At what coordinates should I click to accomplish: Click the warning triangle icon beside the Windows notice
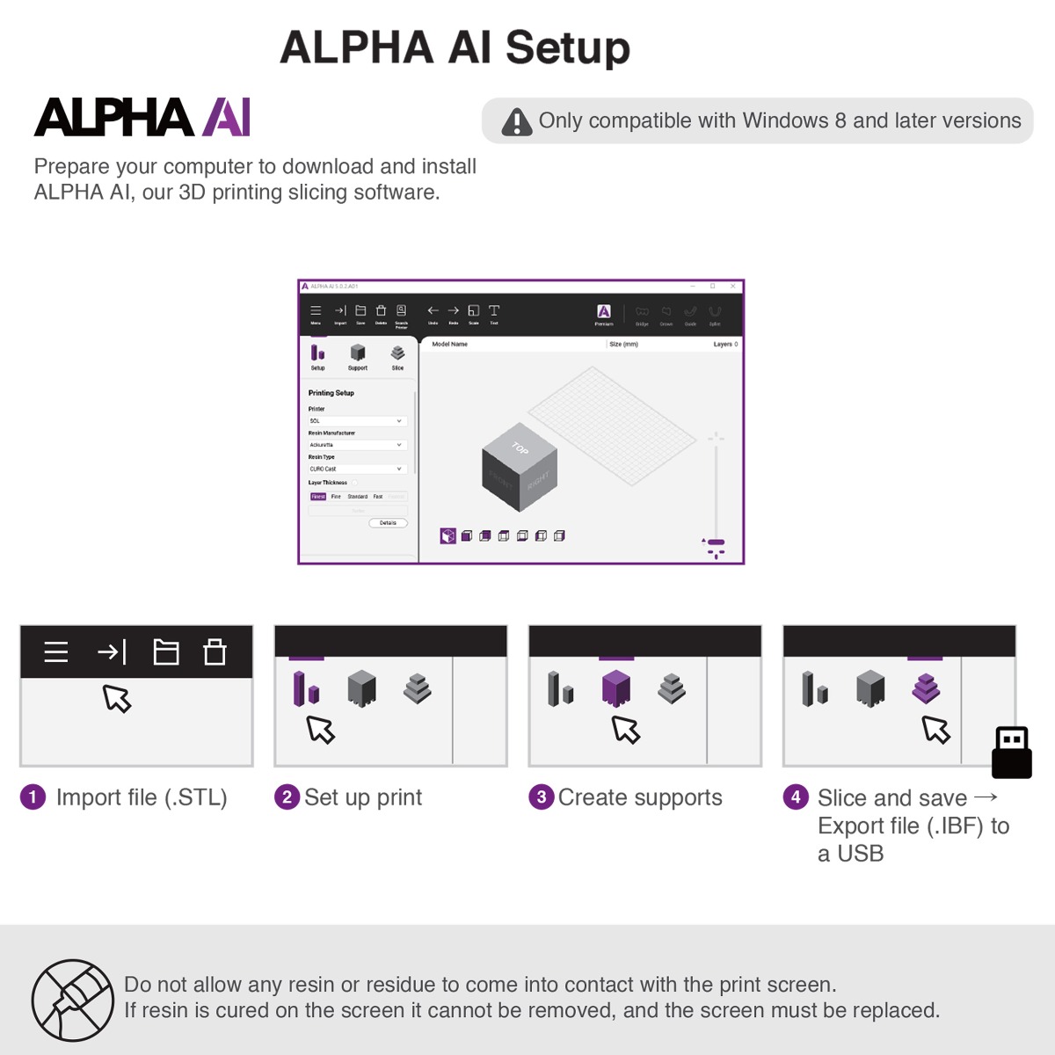(x=517, y=122)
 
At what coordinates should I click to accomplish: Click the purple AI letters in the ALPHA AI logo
(x=226, y=118)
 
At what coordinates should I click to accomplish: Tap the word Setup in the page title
(x=567, y=47)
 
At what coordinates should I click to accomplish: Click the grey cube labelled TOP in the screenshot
(x=519, y=466)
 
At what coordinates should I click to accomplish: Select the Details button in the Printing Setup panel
(x=388, y=523)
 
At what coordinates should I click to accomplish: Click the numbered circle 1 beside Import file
(x=33, y=797)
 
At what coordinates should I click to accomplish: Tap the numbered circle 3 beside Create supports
(x=541, y=797)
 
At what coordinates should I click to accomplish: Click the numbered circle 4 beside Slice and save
(x=796, y=797)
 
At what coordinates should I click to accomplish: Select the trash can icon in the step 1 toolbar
(x=215, y=652)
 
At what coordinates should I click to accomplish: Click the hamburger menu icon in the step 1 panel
(x=56, y=652)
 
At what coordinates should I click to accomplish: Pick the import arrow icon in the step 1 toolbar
(x=112, y=652)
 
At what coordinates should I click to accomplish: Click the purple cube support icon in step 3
(x=616, y=688)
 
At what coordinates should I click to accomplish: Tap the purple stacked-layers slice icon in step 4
(x=926, y=688)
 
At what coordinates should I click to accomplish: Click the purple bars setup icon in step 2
(x=306, y=688)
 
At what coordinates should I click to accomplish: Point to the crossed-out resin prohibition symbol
(x=73, y=1000)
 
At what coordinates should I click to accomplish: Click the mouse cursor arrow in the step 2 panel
(x=320, y=730)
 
